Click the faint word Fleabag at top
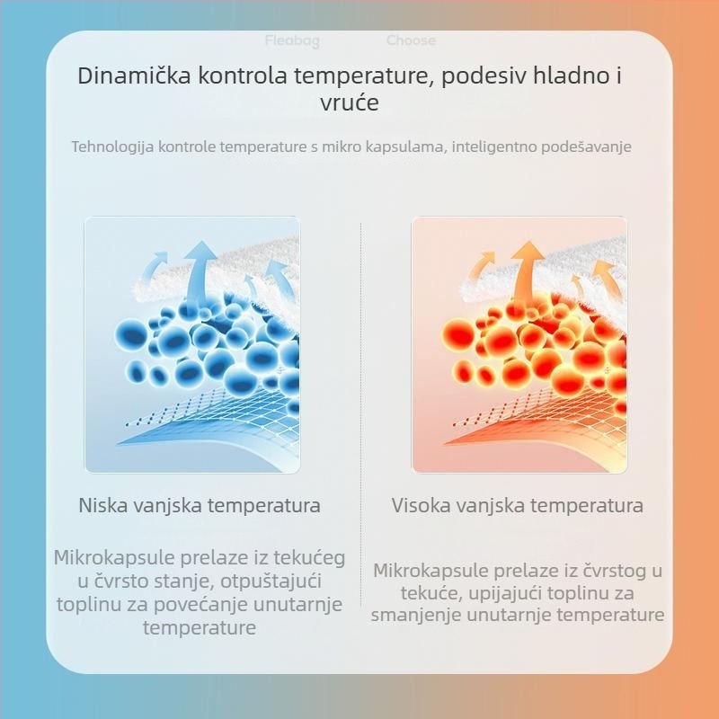coord(292,40)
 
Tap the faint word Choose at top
coord(411,40)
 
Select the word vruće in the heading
coord(350,103)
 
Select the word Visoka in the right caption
coord(421,505)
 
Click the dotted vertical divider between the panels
coord(360,404)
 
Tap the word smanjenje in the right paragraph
coord(414,616)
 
